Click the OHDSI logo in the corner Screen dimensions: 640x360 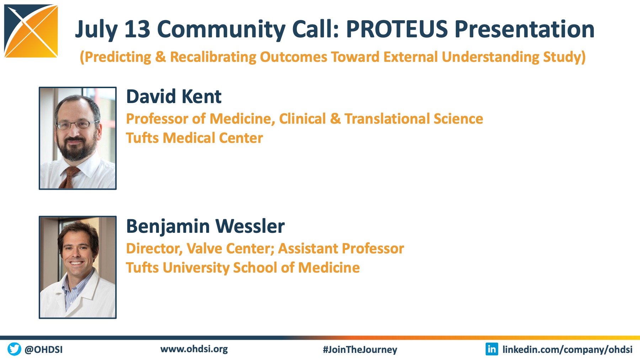point(31,31)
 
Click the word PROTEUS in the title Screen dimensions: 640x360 point(397,29)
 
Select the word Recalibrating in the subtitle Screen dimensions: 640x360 point(213,57)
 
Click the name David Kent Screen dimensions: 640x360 point(174,96)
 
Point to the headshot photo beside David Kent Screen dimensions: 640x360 point(78,138)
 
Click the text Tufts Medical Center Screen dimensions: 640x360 point(194,138)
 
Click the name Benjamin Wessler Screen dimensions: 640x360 point(206,226)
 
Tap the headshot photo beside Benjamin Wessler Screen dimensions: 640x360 point(78,267)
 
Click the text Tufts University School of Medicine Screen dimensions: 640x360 point(243,268)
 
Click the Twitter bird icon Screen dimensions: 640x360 point(14,349)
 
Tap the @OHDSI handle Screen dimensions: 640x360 point(43,349)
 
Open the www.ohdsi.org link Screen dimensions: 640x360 point(194,349)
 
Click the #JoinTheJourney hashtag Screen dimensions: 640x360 point(360,350)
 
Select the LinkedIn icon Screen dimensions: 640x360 point(492,349)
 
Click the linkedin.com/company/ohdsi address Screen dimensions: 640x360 point(567,350)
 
